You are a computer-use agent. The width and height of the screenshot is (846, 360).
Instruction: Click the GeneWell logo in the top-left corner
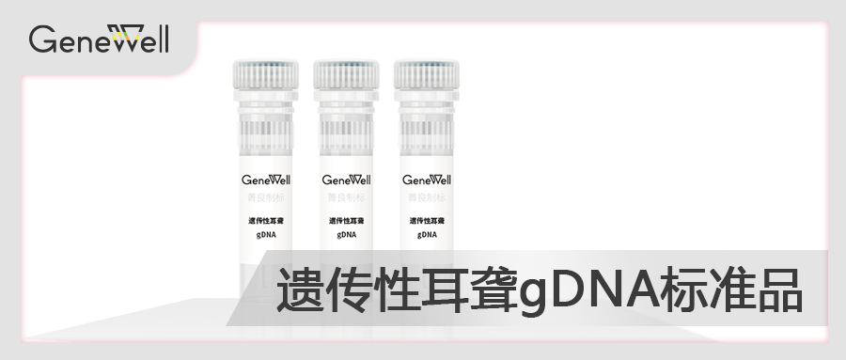[99, 39]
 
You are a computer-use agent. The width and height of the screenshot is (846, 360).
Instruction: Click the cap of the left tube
[266, 74]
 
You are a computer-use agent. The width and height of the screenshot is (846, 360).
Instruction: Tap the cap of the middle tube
[346, 74]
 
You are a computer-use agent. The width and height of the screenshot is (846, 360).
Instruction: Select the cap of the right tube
[427, 74]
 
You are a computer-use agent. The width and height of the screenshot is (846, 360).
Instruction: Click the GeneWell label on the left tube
[266, 180]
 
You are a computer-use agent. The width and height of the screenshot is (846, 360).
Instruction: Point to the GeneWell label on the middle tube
[346, 180]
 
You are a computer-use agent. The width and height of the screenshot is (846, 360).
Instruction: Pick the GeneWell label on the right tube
[427, 180]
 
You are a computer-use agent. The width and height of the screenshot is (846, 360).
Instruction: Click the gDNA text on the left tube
[266, 234]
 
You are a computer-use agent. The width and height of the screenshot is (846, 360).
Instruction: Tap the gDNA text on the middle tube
[346, 234]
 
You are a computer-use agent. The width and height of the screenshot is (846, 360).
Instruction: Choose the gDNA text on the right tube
[427, 234]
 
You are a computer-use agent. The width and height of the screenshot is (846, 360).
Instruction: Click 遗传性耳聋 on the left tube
[266, 221]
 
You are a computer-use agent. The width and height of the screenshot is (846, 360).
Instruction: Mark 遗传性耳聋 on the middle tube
[346, 221]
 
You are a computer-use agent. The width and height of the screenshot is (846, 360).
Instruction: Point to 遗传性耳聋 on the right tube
[427, 221]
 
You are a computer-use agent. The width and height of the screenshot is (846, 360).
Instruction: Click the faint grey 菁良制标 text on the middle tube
[346, 198]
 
